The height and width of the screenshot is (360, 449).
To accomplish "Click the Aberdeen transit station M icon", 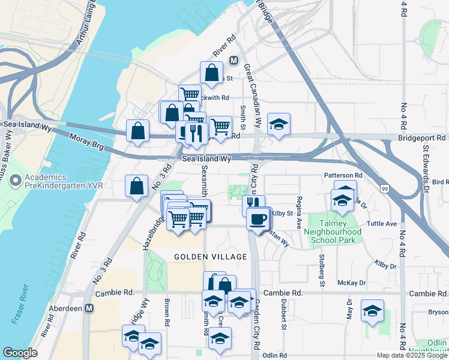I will coord(89,308).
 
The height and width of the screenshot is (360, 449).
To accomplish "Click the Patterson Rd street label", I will coord(343,175).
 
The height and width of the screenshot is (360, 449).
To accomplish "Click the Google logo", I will coord(20,353).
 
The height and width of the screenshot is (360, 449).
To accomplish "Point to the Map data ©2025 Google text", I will coord(412,355).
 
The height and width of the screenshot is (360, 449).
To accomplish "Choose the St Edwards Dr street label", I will coord(426,167).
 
